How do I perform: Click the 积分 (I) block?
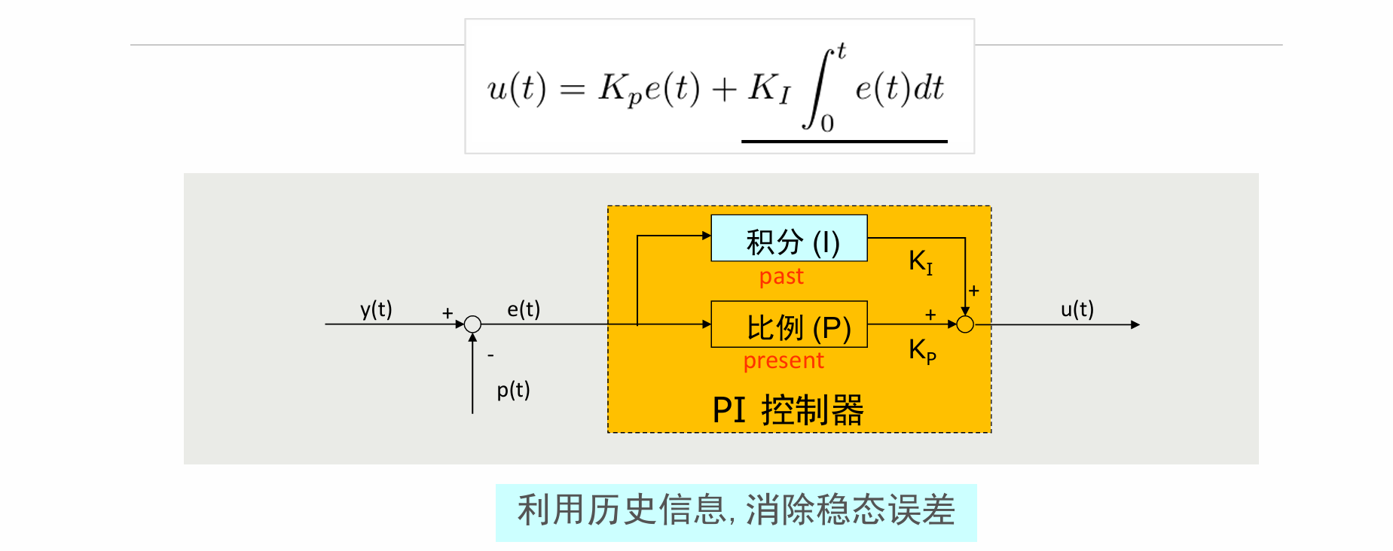click(789, 239)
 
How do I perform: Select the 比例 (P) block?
click(789, 324)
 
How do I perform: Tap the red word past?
click(781, 277)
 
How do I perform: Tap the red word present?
click(784, 361)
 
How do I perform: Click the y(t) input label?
click(376, 309)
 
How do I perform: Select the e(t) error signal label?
click(524, 309)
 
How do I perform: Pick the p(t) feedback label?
click(513, 390)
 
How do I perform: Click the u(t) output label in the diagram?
click(1077, 309)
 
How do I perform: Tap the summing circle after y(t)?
click(472, 324)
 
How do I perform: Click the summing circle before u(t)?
click(965, 324)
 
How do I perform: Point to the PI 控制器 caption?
click(788, 410)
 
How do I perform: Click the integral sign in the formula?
click(818, 89)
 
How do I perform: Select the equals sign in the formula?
click(573, 90)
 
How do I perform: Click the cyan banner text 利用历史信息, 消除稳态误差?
click(736, 511)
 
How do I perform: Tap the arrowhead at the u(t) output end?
click(1135, 324)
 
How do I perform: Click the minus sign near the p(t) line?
click(490, 355)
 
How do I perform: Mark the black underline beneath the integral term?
click(844, 141)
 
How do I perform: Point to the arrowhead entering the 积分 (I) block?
click(707, 236)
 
